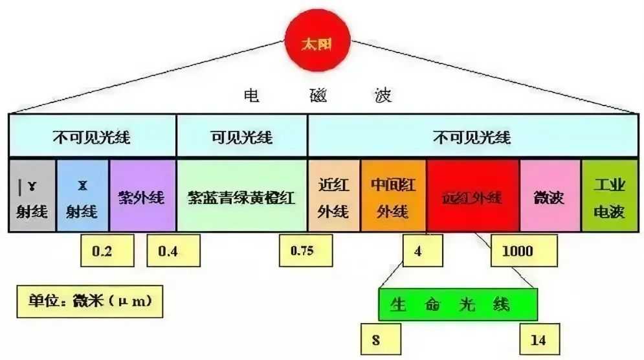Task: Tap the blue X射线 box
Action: click(x=83, y=194)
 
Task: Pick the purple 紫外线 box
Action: click(x=142, y=194)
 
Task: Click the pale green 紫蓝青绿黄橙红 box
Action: click(x=241, y=194)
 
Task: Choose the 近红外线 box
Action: click(x=333, y=194)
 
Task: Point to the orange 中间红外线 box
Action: click(x=393, y=194)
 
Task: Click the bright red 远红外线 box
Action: click(x=472, y=194)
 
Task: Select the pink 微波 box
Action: click(x=549, y=194)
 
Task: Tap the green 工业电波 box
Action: click(x=608, y=194)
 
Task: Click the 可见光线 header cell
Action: click(x=241, y=137)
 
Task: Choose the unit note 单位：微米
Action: click(x=85, y=302)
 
